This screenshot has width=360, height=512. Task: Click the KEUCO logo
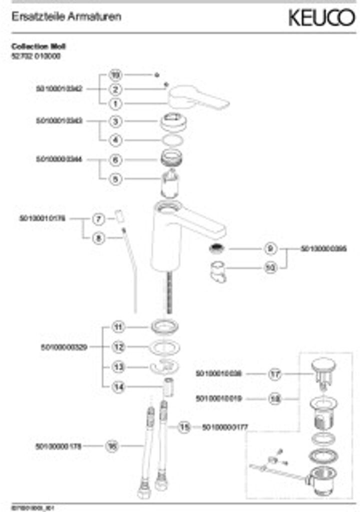321,18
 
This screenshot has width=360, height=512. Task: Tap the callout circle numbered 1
115,103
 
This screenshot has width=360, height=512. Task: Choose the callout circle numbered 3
115,121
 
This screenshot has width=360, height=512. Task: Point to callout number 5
115,178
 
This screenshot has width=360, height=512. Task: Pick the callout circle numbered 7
98,218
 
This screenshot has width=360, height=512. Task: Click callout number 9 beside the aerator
270,248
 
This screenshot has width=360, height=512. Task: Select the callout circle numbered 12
118,346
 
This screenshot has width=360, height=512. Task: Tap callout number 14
118,386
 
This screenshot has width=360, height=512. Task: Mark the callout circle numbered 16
112,445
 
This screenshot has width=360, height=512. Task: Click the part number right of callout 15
225,427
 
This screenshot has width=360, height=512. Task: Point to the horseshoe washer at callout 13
164,366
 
